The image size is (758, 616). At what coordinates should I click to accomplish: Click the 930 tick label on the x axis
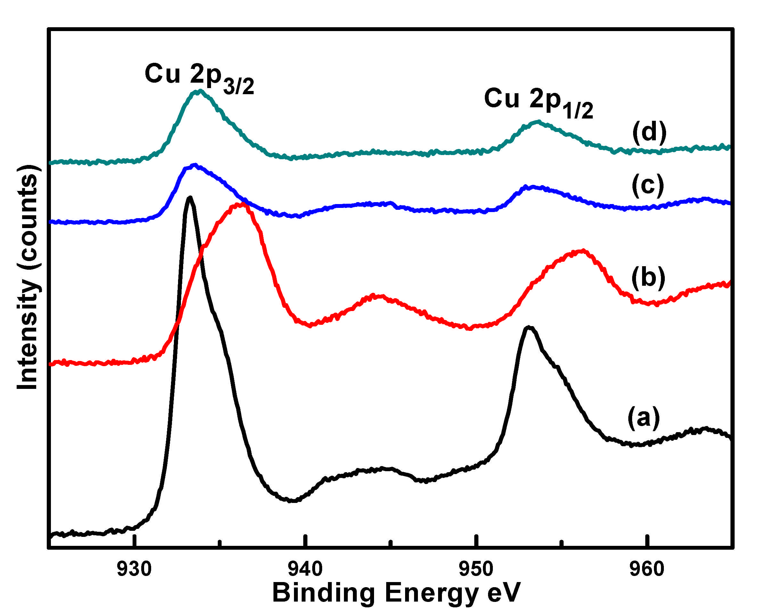pyautogui.click(x=134, y=569)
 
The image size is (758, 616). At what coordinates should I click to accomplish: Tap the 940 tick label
pyautogui.click(x=305, y=569)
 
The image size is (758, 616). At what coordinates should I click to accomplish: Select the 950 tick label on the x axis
pyautogui.click(x=476, y=569)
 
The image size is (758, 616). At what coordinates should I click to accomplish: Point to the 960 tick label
pyautogui.click(x=647, y=569)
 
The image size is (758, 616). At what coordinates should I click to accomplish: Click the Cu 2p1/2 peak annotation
pyautogui.click(x=538, y=102)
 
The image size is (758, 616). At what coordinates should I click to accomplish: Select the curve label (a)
pyautogui.click(x=643, y=417)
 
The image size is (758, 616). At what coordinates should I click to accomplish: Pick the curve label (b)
pyautogui.click(x=648, y=277)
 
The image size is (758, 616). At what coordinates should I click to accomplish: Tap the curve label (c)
pyautogui.click(x=648, y=185)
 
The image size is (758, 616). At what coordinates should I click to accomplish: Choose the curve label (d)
pyautogui.click(x=649, y=132)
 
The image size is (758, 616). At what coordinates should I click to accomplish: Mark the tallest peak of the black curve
pyautogui.click(x=190, y=198)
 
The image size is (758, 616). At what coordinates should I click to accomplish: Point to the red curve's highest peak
pyautogui.click(x=241, y=205)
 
